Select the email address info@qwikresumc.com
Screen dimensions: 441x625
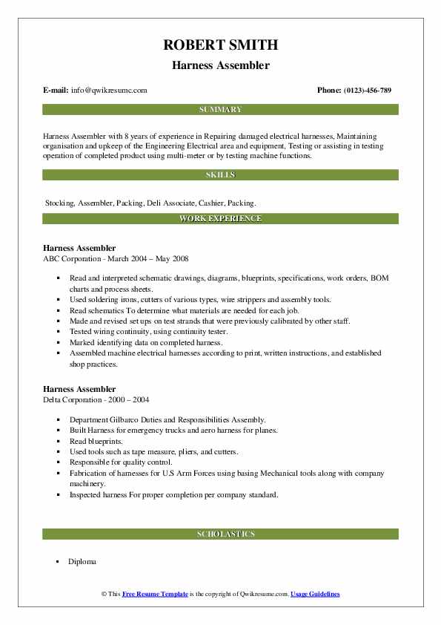(109, 91)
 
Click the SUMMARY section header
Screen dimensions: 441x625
(220, 110)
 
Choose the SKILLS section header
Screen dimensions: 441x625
(220, 175)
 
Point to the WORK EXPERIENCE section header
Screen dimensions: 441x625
(220, 219)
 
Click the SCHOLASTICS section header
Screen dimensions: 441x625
(220, 534)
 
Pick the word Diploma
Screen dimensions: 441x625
(82, 561)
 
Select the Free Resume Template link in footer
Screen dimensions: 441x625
(154, 595)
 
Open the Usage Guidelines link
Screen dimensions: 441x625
(315, 595)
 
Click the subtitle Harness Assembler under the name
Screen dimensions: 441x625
(220, 65)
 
